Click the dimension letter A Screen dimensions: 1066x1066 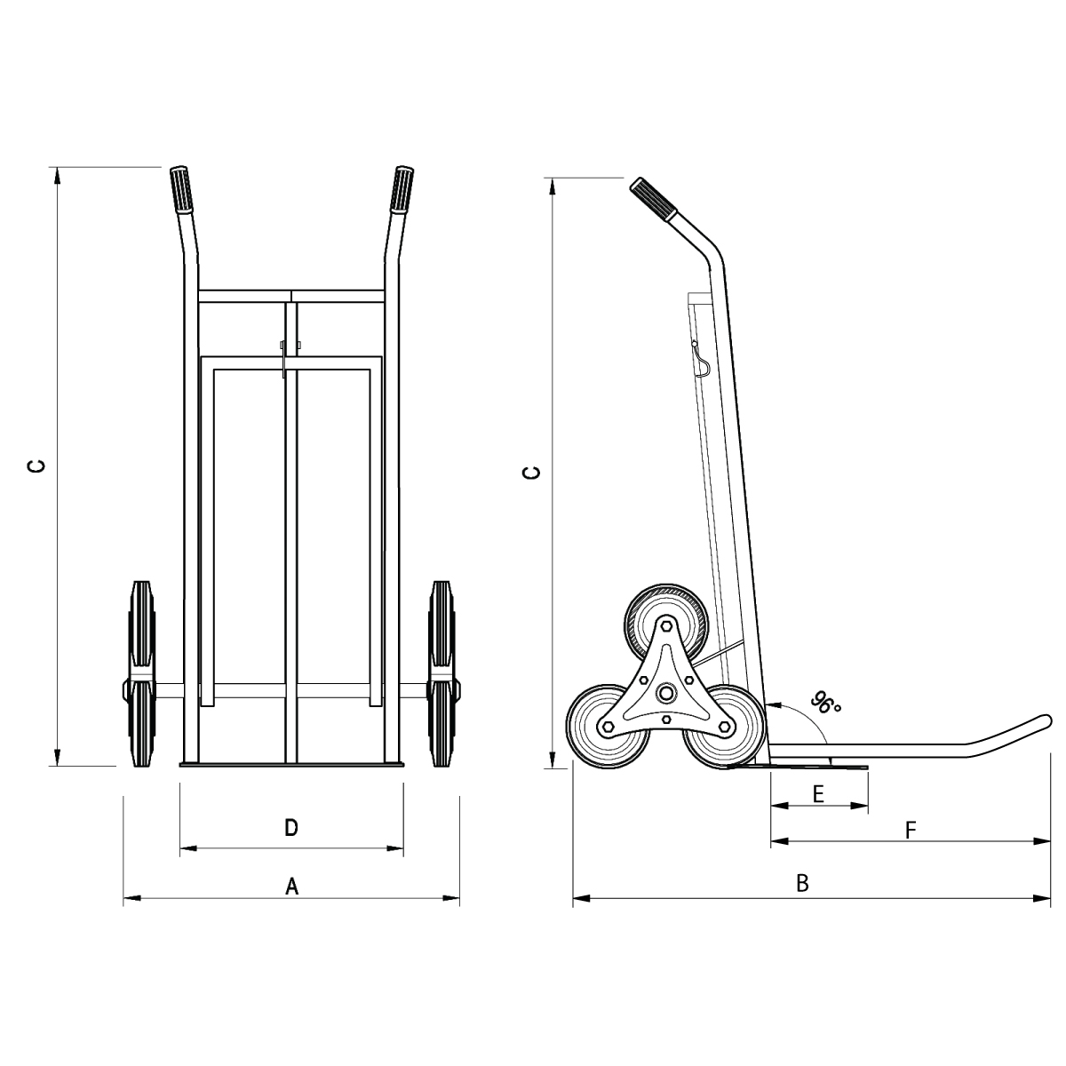click(x=291, y=887)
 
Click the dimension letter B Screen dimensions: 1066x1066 click(x=802, y=883)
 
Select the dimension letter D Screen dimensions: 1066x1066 click(x=291, y=828)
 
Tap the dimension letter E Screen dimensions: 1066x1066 click(x=819, y=794)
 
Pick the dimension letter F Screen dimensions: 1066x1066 click(x=911, y=830)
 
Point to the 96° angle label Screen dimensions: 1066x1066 click(x=825, y=703)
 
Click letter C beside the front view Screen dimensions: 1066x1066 click(x=36, y=467)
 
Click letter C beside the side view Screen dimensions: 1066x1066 click(x=531, y=473)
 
